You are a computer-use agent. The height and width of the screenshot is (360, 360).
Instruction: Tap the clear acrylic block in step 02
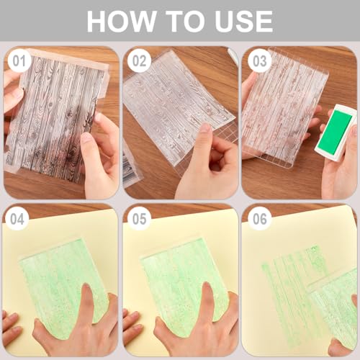click(176, 108)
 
